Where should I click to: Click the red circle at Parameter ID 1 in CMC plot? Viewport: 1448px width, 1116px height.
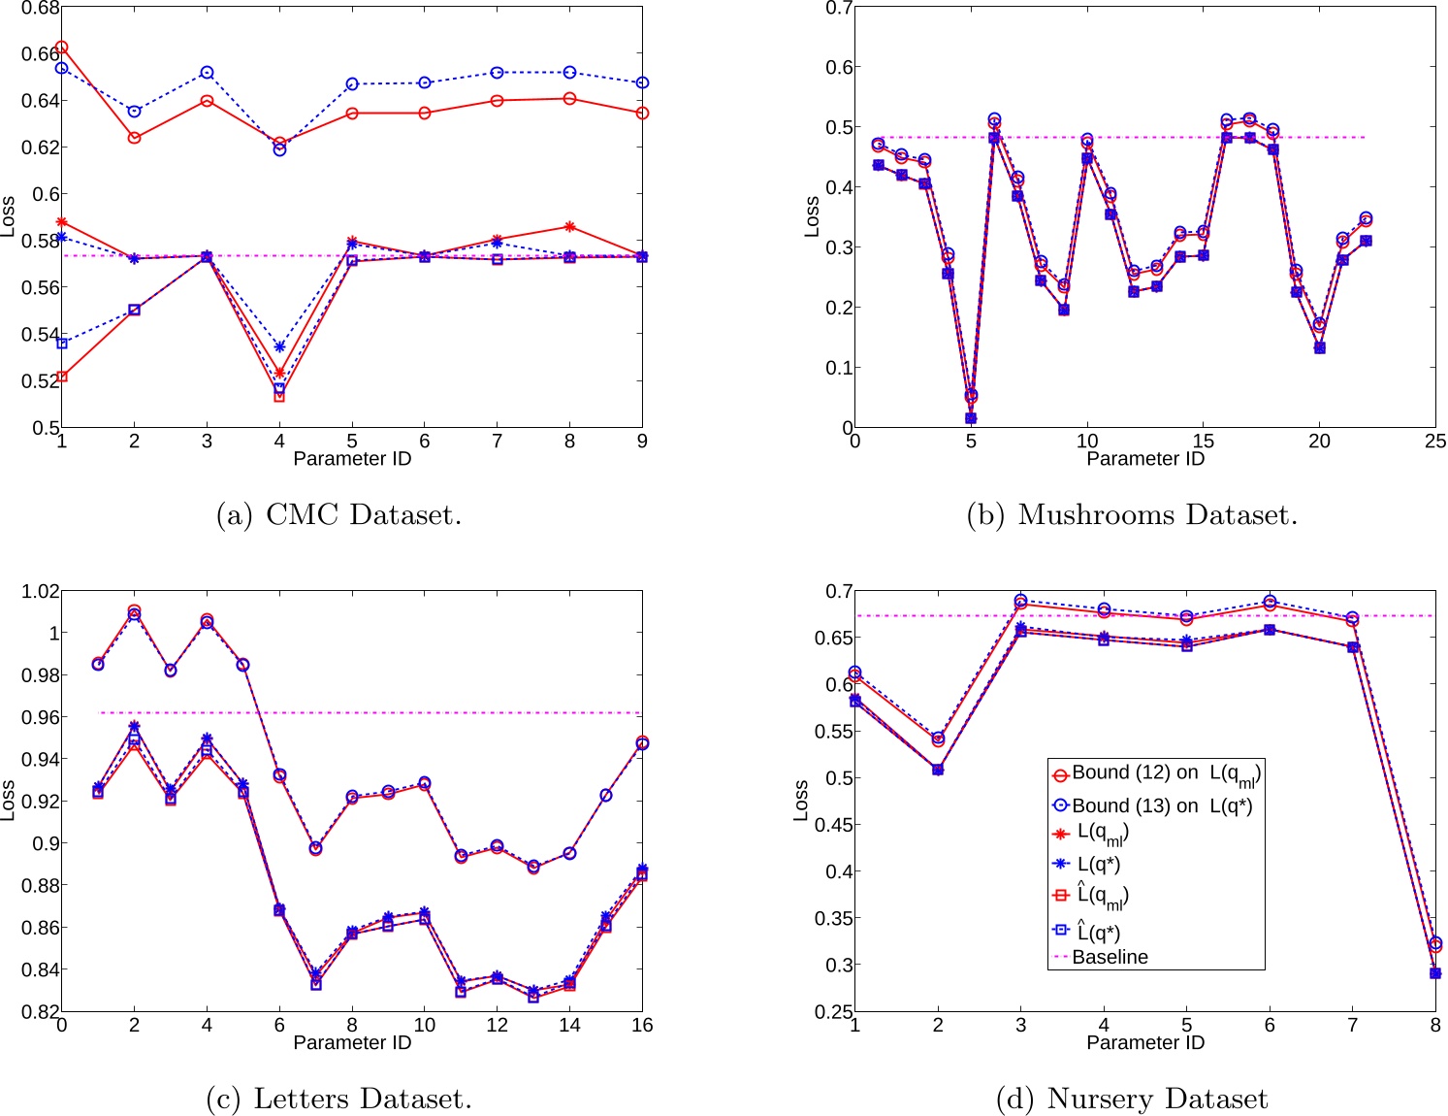(62, 47)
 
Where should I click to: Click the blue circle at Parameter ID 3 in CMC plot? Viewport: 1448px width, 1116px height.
(207, 73)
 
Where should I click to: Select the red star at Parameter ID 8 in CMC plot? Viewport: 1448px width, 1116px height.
(569, 227)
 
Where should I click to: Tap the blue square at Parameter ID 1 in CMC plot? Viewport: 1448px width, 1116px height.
(62, 344)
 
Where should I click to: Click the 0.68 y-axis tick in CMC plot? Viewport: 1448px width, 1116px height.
(40, 8)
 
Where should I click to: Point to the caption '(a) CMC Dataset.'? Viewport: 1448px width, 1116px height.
(338, 514)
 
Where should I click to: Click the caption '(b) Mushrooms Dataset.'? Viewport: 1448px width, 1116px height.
(1131, 514)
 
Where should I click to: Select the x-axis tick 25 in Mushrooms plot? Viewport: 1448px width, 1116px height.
(1434, 442)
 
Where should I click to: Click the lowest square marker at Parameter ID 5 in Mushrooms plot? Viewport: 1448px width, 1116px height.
(971, 418)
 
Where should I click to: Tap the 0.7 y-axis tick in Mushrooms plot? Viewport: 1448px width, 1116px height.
(839, 8)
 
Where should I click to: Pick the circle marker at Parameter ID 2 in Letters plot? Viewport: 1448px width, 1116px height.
(134, 612)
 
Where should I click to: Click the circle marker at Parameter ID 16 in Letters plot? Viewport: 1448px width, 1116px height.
(641, 743)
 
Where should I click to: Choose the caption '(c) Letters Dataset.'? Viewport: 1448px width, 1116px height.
(338, 1099)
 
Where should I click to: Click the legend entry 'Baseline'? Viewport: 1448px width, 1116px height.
(1110, 957)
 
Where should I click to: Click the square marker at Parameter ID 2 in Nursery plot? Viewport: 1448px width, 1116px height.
(938, 770)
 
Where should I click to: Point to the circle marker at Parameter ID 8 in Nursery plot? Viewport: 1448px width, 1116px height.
(1435, 943)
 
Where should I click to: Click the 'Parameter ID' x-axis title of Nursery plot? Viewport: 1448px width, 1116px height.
(1144, 1042)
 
